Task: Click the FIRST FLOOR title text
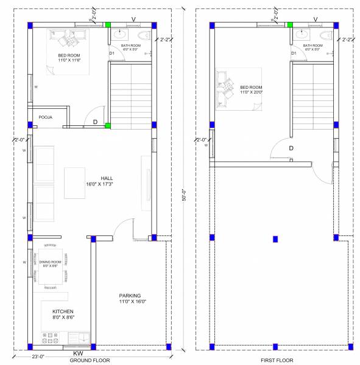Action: point(277,360)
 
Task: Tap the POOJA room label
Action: point(46,117)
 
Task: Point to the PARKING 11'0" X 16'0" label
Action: point(132,298)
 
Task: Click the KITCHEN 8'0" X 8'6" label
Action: point(63,314)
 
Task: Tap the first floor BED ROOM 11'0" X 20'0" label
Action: point(251,89)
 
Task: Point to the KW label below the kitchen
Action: point(78,353)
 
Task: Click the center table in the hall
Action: point(76,182)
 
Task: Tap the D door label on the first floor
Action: point(291,148)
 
